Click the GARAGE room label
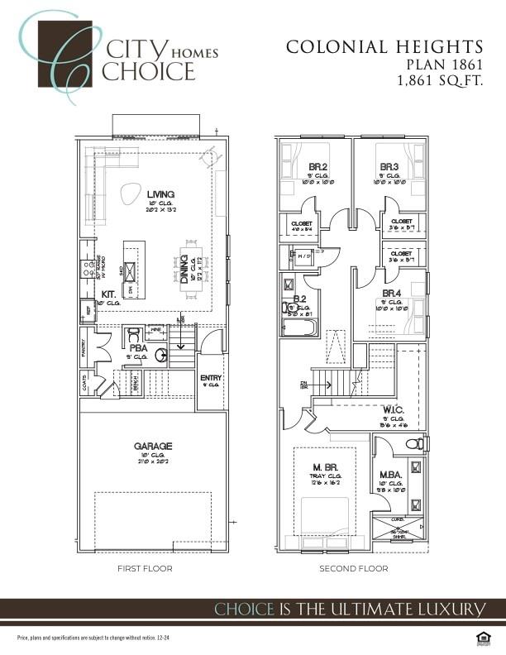tap(153, 446)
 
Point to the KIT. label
tap(108, 294)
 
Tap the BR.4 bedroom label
tap(391, 293)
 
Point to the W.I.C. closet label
tap(393, 409)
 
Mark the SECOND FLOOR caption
tap(354, 569)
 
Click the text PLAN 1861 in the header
tap(444, 64)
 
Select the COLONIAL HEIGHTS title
tap(384, 46)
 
